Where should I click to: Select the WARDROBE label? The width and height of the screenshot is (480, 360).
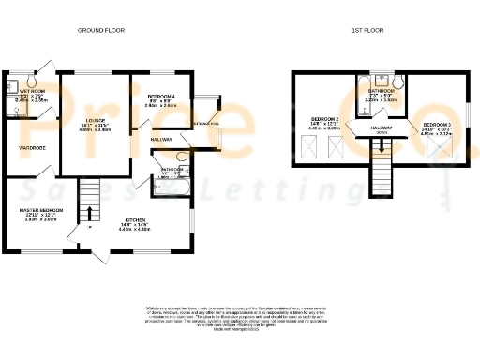pyautogui.click(x=33, y=147)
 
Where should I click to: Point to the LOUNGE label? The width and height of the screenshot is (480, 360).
pyautogui.click(x=93, y=119)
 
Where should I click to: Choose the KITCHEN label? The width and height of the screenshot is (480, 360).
pyautogui.click(x=137, y=221)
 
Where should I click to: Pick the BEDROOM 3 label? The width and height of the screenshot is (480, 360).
pyautogui.click(x=437, y=125)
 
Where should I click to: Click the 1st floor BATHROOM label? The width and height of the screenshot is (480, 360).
pyautogui.click(x=381, y=91)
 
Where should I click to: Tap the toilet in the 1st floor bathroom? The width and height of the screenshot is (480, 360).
pyautogui.click(x=397, y=83)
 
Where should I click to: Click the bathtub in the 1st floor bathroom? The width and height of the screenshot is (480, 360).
pyautogui.click(x=363, y=89)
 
